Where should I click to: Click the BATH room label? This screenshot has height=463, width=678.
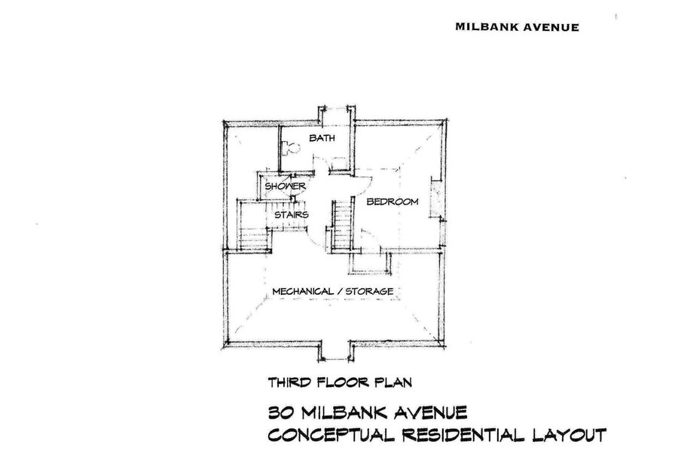(x=322, y=138)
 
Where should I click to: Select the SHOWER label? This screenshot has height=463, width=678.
(x=285, y=186)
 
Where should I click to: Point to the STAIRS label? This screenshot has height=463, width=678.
(x=292, y=215)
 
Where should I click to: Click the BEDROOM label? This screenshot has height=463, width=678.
(x=392, y=201)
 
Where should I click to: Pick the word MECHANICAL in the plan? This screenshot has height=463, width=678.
(x=303, y=291)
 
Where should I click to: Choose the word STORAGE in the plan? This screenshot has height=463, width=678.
(x=369, y=291)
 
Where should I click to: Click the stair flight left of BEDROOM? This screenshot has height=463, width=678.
(x=343, y=225)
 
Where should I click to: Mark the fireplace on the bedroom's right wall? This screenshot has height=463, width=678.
(x=435, y=198)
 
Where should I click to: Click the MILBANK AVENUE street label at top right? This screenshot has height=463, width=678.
(x=517, y=27)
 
